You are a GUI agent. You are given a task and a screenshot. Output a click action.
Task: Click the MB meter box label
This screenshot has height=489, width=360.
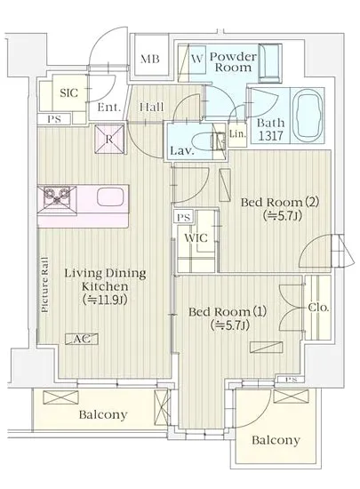click(149, 59)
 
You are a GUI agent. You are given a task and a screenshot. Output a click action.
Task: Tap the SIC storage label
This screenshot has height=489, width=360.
click(68, 93)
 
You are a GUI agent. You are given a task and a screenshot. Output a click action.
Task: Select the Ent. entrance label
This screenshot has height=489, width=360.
click(108, 108)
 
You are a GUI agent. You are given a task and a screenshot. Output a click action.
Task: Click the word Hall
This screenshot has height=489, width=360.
click(151, 107)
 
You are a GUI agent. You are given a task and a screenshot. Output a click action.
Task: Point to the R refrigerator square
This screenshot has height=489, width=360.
click(109, 139)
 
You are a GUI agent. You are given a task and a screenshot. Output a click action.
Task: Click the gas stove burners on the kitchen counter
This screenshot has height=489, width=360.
click(57, 196)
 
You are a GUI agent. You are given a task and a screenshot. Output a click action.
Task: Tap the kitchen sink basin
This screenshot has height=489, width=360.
click(110, 197)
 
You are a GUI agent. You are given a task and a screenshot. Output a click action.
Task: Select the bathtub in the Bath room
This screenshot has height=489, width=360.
click(308, 115)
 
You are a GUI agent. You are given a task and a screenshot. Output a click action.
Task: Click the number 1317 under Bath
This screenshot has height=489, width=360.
click(270, 136)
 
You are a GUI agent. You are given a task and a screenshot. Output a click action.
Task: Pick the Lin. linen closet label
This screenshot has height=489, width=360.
click(237, 134)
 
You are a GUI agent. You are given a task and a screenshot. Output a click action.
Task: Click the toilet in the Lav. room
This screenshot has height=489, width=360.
click(204, 142)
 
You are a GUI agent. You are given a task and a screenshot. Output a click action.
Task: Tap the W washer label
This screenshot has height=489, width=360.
click(196, 59)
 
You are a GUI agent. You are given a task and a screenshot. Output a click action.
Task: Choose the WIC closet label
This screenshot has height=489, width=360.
click(196, 238)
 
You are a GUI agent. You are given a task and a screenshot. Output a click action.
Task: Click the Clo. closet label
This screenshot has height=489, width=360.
click(318, 308)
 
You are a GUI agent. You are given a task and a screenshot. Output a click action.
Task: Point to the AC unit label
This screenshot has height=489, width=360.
click(82, 339)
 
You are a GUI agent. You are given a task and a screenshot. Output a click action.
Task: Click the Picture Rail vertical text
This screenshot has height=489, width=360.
click(44, 285)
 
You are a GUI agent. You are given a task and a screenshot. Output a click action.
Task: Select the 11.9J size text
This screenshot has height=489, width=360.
click(105, 300)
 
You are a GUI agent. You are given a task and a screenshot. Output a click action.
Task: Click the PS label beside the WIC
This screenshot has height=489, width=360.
click(183, 217)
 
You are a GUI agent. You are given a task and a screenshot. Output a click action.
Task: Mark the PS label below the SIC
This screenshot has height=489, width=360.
click(54, 119)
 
